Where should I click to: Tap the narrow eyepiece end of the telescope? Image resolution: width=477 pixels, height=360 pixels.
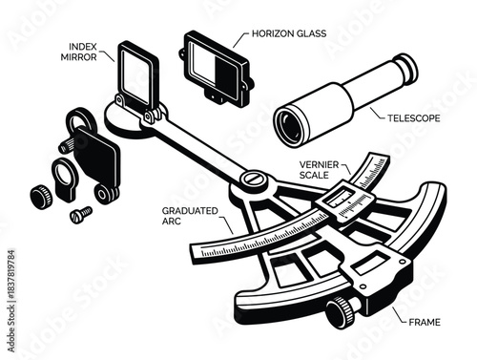(x=404, y=65)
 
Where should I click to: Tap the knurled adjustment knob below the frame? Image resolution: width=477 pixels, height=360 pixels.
(x=341, y=310)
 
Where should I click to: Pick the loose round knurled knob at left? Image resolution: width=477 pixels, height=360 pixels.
(x=40, y=199)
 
